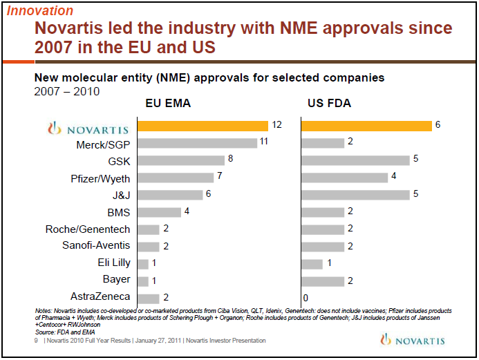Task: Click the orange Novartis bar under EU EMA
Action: tap(203, 126)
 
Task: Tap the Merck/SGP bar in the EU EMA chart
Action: tap(198, 143)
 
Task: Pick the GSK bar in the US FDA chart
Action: tap(355, 160)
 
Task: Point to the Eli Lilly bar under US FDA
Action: tap(312, 264)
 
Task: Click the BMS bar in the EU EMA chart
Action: tap(159, 212)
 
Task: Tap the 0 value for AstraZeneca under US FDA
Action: tap(305, 298)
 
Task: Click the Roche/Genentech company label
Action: tap(88, 229)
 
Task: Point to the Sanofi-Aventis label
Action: tap(96, 247)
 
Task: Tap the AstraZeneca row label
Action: tap(101, 298)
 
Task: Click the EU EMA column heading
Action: tap(168, 104)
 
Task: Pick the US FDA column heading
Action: tap(328, 104)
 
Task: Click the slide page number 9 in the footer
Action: tap(36, 341)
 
